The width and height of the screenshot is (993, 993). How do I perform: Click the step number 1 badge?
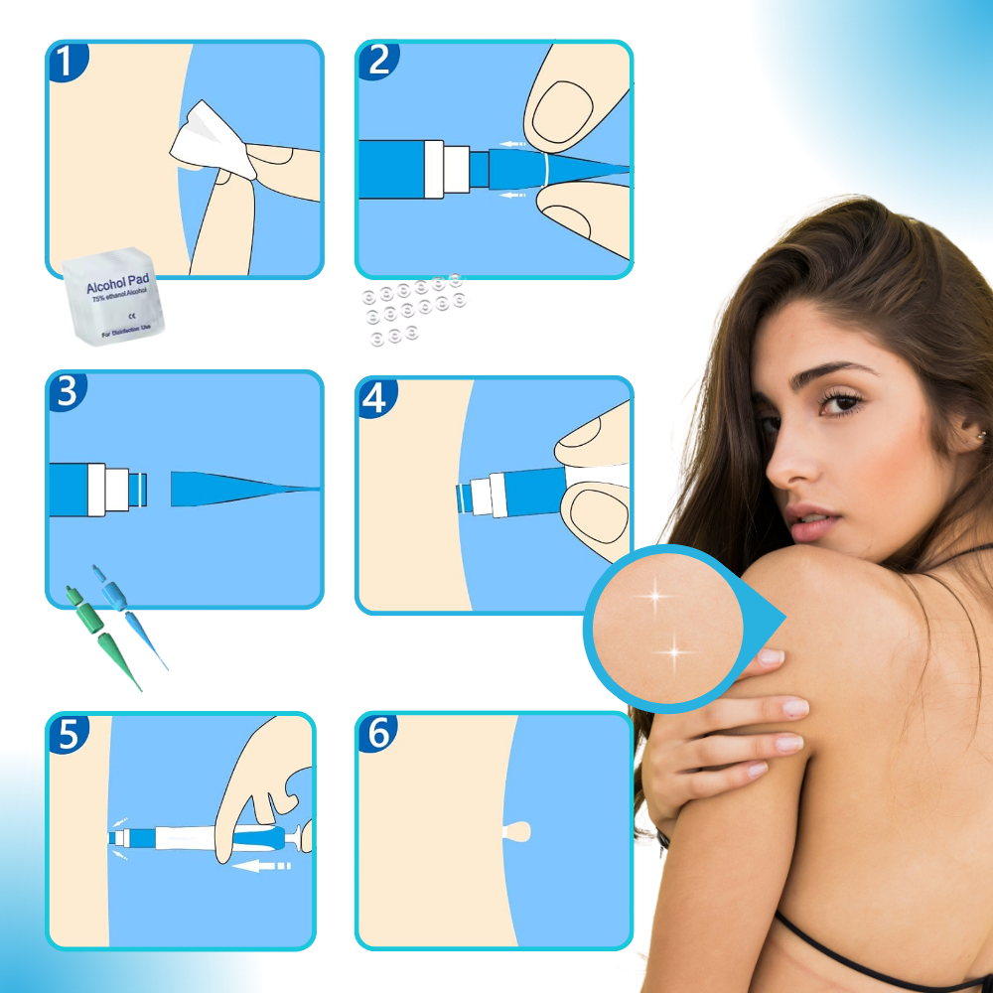click(x=66, y=62)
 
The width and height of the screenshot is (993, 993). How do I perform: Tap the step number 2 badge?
click(x=376, y=60)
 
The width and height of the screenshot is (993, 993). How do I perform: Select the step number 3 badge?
click(x=66, y=391)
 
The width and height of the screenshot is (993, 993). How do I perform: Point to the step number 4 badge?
click(x=375, y=397)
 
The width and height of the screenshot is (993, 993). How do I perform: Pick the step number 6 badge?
click(x=376, y=733)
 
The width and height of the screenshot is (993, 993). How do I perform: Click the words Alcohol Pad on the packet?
click(x=116, y=286)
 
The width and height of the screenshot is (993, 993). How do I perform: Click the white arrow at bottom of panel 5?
click(x=262, y=866)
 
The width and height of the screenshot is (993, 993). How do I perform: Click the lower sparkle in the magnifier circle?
click(x=675, y=652)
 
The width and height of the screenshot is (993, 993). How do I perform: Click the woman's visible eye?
click(x=843, y=402)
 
